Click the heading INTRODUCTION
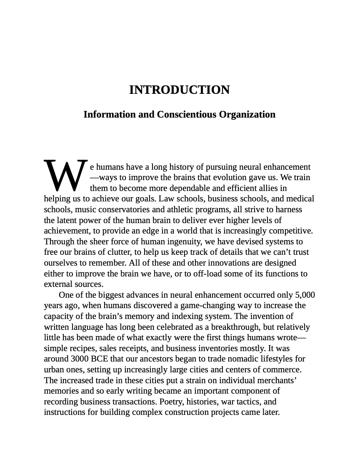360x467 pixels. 179,90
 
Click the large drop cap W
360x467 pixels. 66,174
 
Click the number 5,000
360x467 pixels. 305,295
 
